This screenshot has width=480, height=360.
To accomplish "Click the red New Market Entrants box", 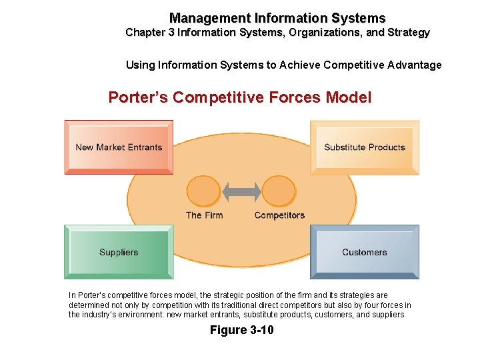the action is pos(119,147).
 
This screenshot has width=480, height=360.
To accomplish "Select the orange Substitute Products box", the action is pos(364,147).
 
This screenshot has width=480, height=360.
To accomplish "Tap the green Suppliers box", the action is pos(119,252).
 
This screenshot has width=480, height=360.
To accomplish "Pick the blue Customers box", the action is pos(364,252).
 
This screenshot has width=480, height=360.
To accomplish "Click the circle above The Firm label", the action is pos(203,191).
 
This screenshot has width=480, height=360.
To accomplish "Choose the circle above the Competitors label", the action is pos(279,191).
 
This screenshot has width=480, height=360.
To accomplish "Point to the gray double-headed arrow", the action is pos(241,192).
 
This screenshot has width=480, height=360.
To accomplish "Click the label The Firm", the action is pos(204,215).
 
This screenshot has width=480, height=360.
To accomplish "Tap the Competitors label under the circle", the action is pos(279,215).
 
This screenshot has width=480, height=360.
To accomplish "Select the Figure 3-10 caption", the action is pos(241,330).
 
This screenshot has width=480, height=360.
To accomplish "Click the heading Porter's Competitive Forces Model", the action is pos(240,97).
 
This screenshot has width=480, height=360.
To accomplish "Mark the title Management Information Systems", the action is pos(277,18).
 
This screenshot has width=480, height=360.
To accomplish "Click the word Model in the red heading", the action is pos(349,97).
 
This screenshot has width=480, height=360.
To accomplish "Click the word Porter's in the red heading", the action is pos(138,97).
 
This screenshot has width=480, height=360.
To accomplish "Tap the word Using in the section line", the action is pos(140,65).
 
